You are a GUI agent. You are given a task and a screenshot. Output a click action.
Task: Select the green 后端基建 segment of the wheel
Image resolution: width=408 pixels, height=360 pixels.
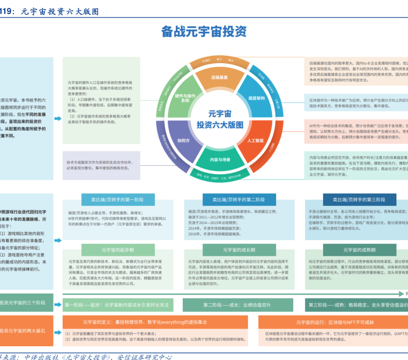219,78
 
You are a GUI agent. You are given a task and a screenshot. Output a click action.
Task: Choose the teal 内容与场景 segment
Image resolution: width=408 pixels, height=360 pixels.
219,159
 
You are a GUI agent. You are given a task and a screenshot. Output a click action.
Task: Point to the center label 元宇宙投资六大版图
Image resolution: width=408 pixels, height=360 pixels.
220,119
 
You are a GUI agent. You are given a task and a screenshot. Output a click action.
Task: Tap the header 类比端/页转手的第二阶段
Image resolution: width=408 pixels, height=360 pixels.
239,200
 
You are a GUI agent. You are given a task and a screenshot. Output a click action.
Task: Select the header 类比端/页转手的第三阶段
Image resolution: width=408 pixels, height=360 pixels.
359,200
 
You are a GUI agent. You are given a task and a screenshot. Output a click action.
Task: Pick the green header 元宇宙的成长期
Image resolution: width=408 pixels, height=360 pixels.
239,250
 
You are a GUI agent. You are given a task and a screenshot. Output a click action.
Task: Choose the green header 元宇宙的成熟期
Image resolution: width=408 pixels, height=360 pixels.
359,250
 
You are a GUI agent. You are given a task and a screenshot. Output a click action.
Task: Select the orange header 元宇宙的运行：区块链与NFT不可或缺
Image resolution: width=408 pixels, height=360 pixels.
333,322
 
